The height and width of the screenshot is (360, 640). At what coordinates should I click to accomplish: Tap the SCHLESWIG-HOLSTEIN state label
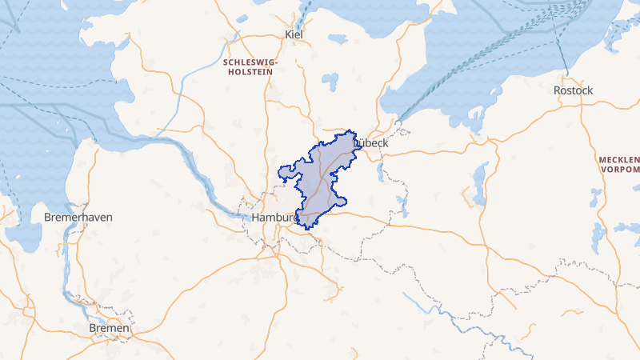tap(251, 66)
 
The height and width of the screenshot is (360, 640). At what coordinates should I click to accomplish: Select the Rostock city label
tap(573, 90)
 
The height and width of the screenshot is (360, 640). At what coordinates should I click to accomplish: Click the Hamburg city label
tap(275, 218)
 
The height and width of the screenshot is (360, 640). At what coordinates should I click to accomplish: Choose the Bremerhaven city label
tap(78, 218)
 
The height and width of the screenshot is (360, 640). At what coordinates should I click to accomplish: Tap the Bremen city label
tap(110, 328)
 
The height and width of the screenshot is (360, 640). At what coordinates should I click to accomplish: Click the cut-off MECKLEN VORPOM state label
tap(619, 165)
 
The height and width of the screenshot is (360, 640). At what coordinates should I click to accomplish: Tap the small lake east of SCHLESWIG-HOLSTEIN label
tap(330, 80)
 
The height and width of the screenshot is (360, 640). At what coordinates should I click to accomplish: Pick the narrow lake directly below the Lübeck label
tap(381, 172)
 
